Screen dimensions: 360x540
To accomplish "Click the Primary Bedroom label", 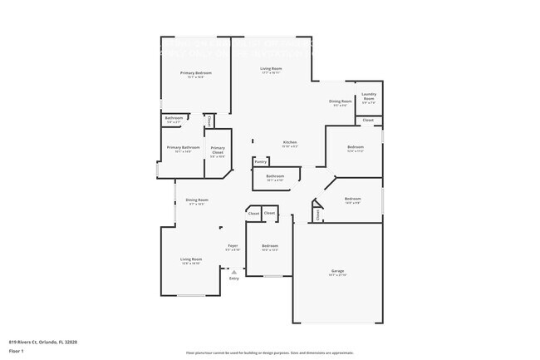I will pyautogui.click(x=196, y=73).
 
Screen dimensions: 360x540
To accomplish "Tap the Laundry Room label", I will pyautogui.click(x=369, y=96).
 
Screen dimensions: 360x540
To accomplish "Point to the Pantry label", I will pyautogui.click(x=261, y=162).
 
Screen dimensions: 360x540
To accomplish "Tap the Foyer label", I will pyautogui.click(x=233, y=245).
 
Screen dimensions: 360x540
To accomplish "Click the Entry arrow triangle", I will pyautogui.click(x=234, y=271).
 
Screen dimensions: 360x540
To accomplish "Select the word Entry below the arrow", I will pyautogui.click(x=234, y=279).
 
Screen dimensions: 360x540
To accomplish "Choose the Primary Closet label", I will pyautogui.click(x=218, y=152).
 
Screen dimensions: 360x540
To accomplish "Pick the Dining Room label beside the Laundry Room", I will pyautogui.click(x=341, y=101).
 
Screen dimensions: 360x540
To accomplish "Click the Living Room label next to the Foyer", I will pyautogui.click(x=191, y=259).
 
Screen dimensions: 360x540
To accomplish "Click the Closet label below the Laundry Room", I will pyautogui.click(x=368, y=121).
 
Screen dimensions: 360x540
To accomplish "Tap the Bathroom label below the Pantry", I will pyautogui.click(x=275, y=176).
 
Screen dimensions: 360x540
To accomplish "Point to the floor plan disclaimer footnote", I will pyautogui.click(x=269, y=353).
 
